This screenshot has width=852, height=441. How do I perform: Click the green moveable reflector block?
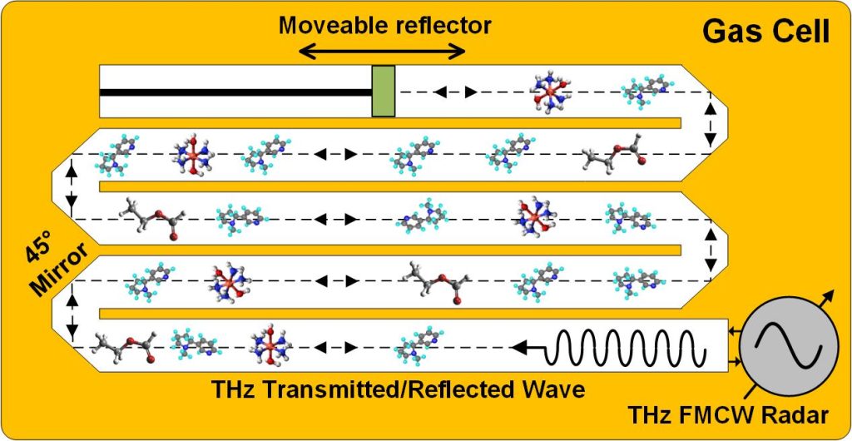coord(383,92)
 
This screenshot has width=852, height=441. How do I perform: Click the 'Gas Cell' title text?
coord(766,32)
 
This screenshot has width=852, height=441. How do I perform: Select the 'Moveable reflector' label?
coord(385,25)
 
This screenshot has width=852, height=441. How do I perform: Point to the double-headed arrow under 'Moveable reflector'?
coord(383,52)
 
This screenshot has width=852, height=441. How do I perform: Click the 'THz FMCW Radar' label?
coord(729,415)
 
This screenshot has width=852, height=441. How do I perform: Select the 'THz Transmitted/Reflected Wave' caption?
coord(398,389)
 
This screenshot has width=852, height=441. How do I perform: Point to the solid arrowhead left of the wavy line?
coord(519,346)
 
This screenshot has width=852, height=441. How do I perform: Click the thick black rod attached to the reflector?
coord(235,92)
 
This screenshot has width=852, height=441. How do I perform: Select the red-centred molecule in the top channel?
coord(552,92)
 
